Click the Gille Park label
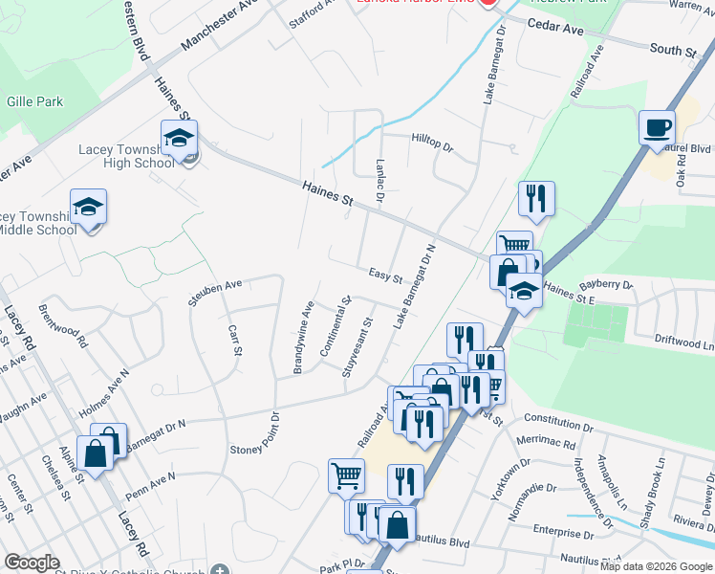(34, 100)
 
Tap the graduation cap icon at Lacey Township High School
(179, 139)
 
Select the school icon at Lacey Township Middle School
(88, 208)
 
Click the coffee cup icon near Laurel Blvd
(657, 127)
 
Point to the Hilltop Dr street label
(432, 140)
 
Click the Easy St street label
(384, 276)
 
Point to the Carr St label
(235, 340)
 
